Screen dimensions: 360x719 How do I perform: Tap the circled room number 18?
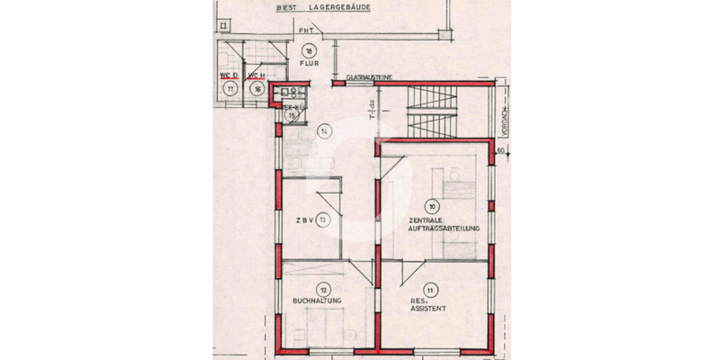pyautogui.click(x=309, y=50)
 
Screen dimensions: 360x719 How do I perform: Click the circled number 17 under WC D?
pyautogui.click(x=230, y=89)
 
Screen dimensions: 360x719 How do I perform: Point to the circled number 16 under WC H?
pyautogui.click(x=257, y=89)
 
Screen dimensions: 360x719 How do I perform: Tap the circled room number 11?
pyautogui.click(x=432, y=290)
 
